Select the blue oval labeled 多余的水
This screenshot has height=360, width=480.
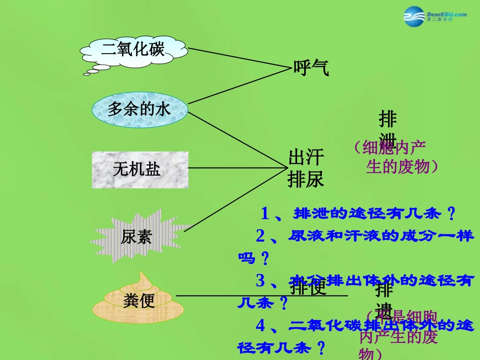tap(139, 109)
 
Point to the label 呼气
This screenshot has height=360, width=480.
tap(311, 68)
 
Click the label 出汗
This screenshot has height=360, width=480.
tap(306, 157)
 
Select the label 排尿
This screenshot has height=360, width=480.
tap(306, 179)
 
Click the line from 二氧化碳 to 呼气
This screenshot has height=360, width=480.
tap(237, 58)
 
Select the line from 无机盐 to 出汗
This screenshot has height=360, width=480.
tap(237, 168)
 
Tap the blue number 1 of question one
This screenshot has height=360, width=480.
tap(265, 214)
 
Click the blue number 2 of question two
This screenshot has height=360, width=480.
tap(261, 236)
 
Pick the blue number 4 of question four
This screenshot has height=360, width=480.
tap(261, 326)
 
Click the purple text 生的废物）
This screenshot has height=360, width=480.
tap(402, 166)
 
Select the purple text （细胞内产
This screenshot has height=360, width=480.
tap(390, 147)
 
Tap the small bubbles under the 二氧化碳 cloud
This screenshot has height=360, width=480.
tap(96, 69)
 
